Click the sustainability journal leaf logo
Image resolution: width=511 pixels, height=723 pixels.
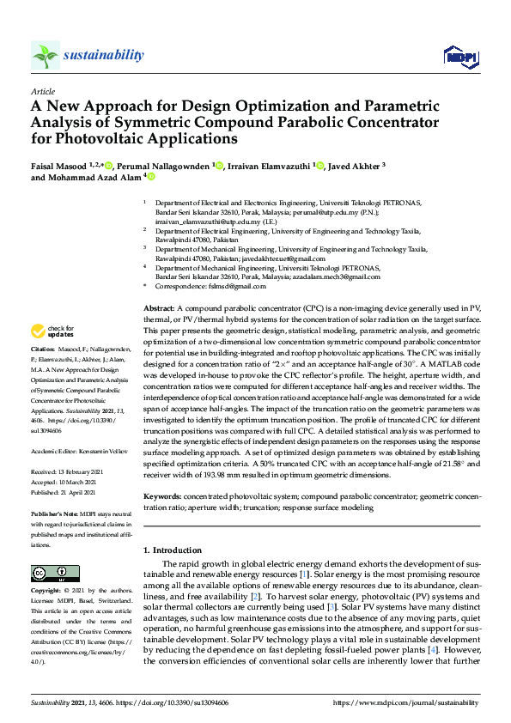coord(45,55)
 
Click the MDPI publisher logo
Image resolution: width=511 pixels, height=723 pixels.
coord(460,57)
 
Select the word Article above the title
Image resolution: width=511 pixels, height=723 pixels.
coord(42,91)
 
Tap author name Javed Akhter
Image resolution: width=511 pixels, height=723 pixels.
coord(353,166)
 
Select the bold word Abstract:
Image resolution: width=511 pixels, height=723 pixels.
coord(160,307)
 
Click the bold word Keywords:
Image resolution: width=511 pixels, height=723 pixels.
coord(162,496)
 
